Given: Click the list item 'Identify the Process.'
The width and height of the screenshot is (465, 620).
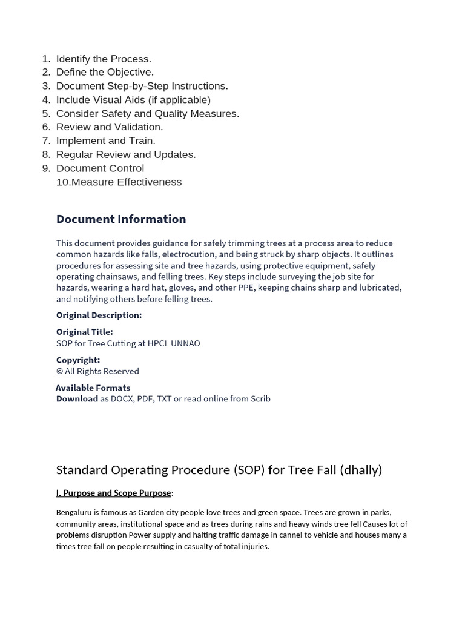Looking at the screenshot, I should (x=104, y=59).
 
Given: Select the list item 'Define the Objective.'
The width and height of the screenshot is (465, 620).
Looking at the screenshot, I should (x=105, y=72).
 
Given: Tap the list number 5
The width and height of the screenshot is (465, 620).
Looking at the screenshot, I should (x=47, y=113).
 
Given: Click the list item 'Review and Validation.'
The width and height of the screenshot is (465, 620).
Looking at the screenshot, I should (x=110, y=127).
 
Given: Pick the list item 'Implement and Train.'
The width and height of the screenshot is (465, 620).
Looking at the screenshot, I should (x=106, y=140).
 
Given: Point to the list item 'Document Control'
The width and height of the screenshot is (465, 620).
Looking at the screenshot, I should (x=100, y=168).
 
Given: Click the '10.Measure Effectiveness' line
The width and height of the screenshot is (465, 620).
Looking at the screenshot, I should (x=119, y=182).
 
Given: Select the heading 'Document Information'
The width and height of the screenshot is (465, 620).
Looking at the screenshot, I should (x=121, y=219).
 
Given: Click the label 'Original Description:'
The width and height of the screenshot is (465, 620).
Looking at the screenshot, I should (x=99, y=315).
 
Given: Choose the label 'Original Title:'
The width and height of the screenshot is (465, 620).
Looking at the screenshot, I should (x=84, y=332).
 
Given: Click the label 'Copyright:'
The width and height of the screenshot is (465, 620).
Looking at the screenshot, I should (x=78, y=360).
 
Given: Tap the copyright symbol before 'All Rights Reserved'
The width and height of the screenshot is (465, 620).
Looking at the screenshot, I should (x=59, y=371).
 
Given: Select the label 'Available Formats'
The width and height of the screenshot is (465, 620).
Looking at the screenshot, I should (x=93, y=387).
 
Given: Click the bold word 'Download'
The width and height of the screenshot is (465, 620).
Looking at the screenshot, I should (x=77, y=399).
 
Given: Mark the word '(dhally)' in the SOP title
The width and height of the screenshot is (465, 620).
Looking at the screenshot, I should (x=361, y=470).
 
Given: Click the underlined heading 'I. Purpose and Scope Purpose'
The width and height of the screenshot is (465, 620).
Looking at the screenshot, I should (x=114, y=493).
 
